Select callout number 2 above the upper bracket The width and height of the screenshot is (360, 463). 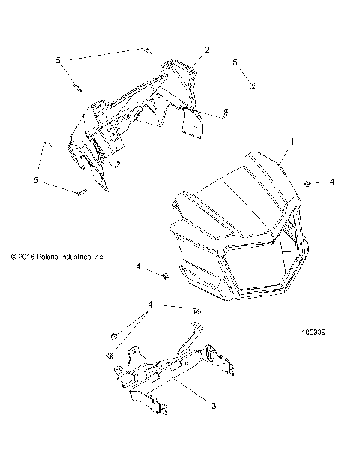click(x=208, y=50)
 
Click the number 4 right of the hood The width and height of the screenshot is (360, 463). click(x=333, y=182)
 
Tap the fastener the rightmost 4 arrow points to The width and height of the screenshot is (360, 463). click(x=308, y=183)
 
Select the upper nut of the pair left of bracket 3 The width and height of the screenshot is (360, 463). click(x=113, y=335)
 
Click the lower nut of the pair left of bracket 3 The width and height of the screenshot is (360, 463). click(x=110, y=353)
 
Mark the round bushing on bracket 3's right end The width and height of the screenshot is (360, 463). click(x=208, y=353)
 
